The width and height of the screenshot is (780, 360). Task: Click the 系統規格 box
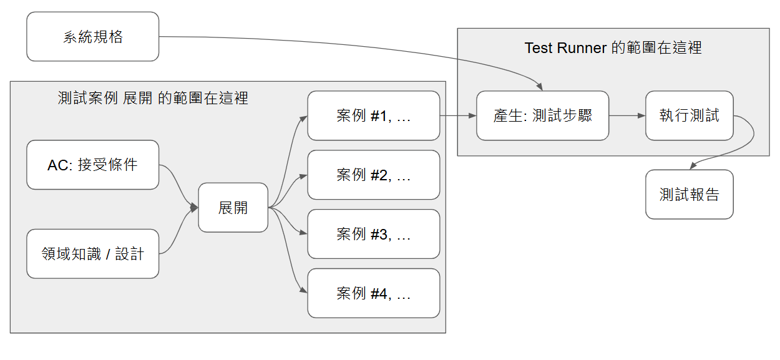point(93,37)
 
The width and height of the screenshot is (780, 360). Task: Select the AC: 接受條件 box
point(93,165)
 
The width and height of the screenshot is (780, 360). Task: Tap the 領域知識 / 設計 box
point(93,254)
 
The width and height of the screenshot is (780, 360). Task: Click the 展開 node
point(233,208)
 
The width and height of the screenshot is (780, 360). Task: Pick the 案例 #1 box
point(373,116)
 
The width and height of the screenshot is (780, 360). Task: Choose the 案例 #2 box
point(373,175)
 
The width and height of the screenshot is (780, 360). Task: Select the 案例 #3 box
point(373,234)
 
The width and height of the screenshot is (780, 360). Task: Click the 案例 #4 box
point(373,293)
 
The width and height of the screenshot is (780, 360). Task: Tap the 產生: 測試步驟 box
point(542,116)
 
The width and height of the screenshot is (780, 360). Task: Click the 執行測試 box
point(689,116)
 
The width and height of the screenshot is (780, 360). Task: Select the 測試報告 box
point(689,195)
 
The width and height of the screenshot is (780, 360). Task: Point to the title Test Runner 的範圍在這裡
point(613,48)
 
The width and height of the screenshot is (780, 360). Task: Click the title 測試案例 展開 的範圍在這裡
point(153,98)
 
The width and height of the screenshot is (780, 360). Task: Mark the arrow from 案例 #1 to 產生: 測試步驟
point(458,116)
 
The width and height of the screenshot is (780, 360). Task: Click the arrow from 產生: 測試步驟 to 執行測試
point(626,116)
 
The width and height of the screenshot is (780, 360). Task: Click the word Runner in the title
point(582,48)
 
